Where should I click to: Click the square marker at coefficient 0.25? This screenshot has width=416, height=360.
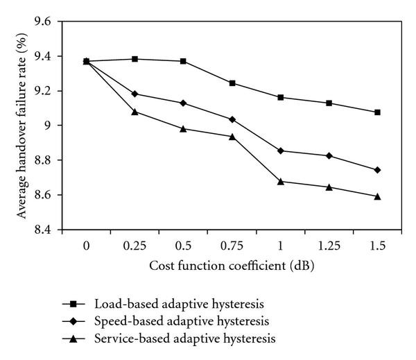pyautogui.click(x=135, y=59)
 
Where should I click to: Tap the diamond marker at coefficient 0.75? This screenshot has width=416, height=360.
pyautogui.click(x=232, y=119)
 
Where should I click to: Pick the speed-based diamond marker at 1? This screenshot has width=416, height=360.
pyautogui.click(x=281, y=151)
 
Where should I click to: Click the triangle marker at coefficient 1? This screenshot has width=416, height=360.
pyautogui.click(x=281, y=181)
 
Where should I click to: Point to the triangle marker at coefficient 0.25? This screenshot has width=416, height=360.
pyautogui.click(x=135, y=111)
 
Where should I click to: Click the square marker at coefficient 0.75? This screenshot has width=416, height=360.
pyautogui.click(x=232, y=83)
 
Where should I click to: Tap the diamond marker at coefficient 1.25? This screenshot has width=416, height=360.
pyautogui.click(x=329, y=155)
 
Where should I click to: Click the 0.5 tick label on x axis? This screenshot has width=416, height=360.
pyautogui.click(x=183, y=245)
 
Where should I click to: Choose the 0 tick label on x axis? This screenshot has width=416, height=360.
pyautogui.click(x=86, y=245)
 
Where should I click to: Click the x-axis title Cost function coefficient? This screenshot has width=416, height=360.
pyautogui.click(x=232, y=266)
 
